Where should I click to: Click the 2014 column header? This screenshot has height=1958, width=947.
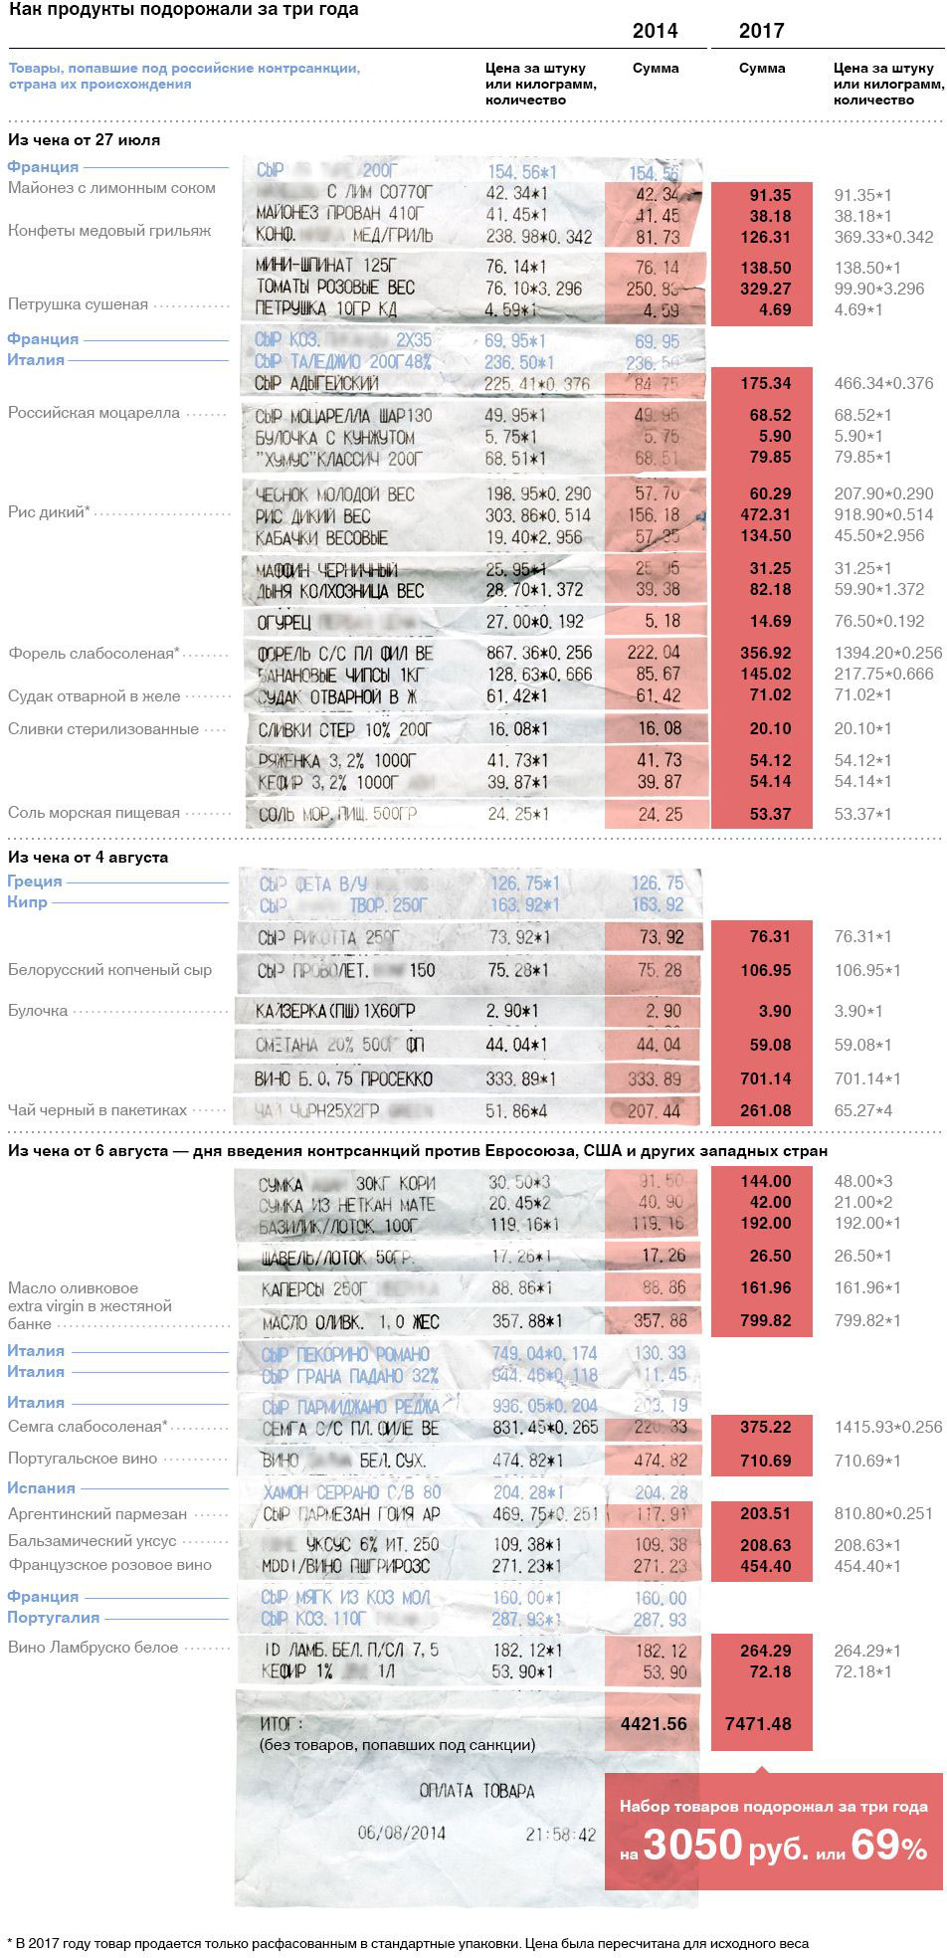coord(655,31)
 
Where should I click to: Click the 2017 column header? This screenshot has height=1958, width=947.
coord(761,31)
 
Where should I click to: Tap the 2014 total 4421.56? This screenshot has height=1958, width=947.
coord(654,1724)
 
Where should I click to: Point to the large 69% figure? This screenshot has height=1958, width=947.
coord(889,1846)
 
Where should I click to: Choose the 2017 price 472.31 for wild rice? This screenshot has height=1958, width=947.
coord(765,514)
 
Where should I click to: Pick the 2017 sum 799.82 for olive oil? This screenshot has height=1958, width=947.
coord(765,1320)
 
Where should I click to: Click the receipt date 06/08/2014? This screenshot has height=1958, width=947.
coord(402,1833)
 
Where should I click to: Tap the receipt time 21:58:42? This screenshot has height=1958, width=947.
coord(561,1835)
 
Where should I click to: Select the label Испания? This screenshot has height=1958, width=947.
coord(41,1488)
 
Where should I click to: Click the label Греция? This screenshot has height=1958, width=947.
coord(35,881)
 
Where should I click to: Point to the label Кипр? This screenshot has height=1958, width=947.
coord(28,902)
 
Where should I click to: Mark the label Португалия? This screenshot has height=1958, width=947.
coord(54,1618)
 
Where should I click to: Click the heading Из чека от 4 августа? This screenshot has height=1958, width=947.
coord(89,857)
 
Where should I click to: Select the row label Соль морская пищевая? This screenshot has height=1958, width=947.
coord(94,813)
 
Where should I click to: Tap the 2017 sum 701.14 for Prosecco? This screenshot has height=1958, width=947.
coord(765,1078)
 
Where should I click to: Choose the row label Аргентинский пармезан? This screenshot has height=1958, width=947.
coord(97,1514)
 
